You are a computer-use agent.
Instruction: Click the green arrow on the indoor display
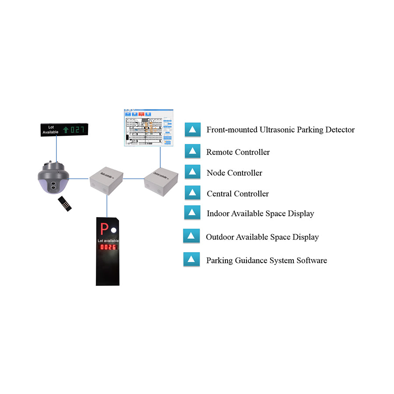click(x=66, y=130)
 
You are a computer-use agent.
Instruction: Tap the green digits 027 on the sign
click(x=77, y=130)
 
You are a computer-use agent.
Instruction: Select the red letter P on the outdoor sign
click(x=104, y=229)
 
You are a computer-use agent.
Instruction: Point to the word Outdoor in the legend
click(x=220, y=237)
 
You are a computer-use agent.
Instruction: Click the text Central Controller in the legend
click(x=238, y=193)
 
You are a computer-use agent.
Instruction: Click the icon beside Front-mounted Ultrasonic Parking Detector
click(x=192, y=130)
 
